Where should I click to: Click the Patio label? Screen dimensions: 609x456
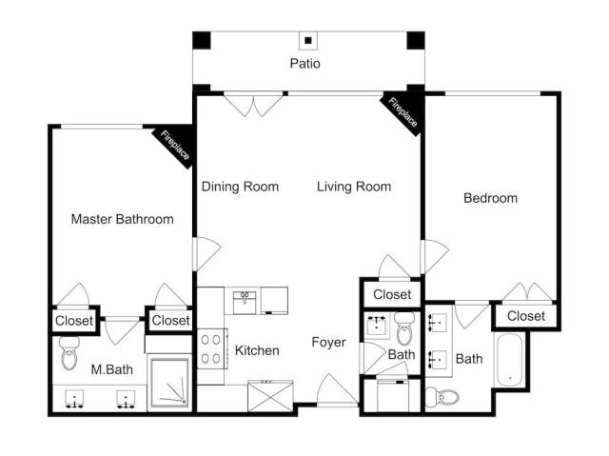click(x=304, y=64)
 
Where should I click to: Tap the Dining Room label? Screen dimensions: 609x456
click(x=240, y=187)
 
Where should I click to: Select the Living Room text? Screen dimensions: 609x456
click(x=354, y=187)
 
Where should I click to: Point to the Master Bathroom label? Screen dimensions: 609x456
click(x=123, y=219)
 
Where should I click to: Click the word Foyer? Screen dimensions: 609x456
click(x=328, y=343)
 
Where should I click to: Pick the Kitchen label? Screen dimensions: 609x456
click(x=257, y=350)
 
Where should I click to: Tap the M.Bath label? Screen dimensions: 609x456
click(x=112, y=369)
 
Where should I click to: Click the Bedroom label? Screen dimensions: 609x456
click(x=491, y=198)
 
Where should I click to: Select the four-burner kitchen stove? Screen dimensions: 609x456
click(x=211, y=348)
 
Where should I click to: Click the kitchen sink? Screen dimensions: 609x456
click(x=245, y=303)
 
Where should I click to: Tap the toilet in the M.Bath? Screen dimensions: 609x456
click(x=69, y=352)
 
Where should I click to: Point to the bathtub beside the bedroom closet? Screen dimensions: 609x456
click(x=510, y=360)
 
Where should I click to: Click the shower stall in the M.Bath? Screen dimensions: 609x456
click(x=170, y=383)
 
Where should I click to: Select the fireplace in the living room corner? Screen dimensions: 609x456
click(x=402, y=113)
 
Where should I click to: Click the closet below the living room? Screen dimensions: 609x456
click(x=392, y=294)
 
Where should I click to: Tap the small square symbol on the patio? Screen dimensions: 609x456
click(x=308, y=40)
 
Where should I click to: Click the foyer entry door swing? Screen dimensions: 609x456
click(x=337, y=388)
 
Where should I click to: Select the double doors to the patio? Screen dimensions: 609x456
click(x=253, y=104)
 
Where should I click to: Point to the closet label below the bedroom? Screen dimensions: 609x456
click(x=526, y=316)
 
